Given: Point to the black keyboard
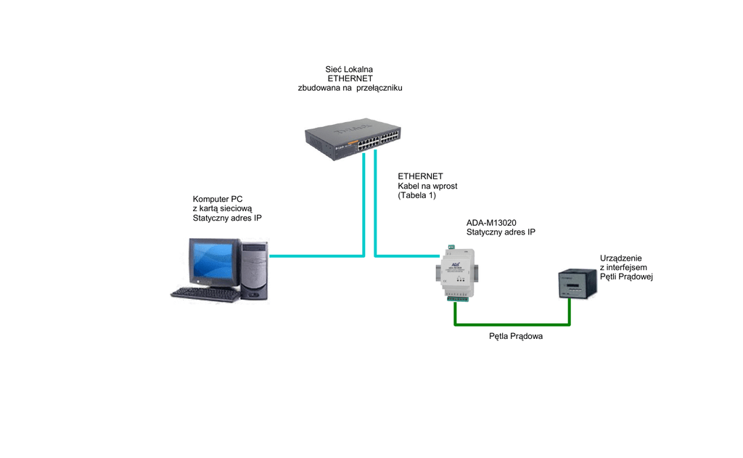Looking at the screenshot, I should (x=205, y=293).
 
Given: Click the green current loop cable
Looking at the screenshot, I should (x=512, y=324).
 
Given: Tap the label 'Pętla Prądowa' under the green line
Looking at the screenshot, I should (x=516, y=337).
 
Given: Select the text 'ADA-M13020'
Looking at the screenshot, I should (x=490, y=222).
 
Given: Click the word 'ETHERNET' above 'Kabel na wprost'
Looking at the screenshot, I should (x=420, y=176).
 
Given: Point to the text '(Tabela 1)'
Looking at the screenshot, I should (x=417, y=196).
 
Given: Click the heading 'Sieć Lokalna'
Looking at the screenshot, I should (x=350, y=69).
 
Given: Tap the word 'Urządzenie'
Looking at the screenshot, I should (x=621, y=258).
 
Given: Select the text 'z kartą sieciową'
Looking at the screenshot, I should (x=222, y=208).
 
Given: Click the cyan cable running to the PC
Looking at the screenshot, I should (x=316, y=255).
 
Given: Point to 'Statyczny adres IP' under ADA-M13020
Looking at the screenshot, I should (x=501, y=232).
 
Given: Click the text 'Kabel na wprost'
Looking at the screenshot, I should (x=427, y=186).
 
